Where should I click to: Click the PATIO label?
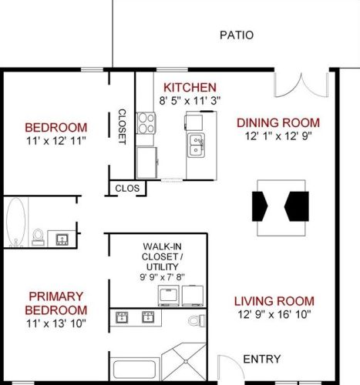236,35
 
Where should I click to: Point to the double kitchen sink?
196,144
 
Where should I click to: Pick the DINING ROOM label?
277,122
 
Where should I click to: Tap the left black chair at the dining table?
261,206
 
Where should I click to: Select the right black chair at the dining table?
296,206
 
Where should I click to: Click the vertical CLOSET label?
122,126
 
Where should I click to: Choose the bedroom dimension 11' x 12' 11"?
56,141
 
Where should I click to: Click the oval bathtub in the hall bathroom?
15,221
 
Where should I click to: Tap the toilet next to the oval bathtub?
37,235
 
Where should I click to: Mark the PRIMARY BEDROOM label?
56,303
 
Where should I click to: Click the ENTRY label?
261,359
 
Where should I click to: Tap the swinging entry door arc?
228,367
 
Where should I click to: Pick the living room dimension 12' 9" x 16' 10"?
275,314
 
